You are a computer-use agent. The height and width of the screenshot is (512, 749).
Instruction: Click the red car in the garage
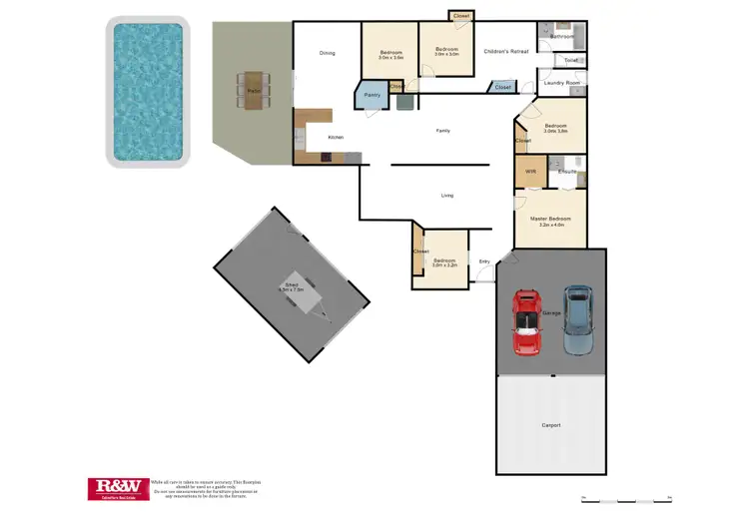(x=526, y=322)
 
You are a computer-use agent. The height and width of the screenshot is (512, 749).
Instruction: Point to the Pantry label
(x=372, y=95)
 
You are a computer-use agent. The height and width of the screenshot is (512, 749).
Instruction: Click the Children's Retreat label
(x=504, y=50)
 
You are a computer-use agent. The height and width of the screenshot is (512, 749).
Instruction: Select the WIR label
(x=530, y=172)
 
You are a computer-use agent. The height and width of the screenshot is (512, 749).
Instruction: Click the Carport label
(x=551, y=425)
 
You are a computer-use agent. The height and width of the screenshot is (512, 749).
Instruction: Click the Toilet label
(x=570, y=61)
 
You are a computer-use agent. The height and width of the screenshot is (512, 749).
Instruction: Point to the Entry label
(x=484, y=261)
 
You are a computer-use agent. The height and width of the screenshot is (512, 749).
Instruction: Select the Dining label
(x=327, y=53)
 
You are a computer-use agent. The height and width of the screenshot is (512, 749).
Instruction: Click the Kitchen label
(x=337, y=137)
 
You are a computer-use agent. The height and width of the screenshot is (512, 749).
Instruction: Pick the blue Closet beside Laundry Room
(x=502, y=88)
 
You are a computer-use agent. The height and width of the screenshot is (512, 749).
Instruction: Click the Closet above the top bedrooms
(x=460, y=16)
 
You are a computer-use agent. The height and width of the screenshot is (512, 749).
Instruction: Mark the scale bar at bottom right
(x=626, y=497)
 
